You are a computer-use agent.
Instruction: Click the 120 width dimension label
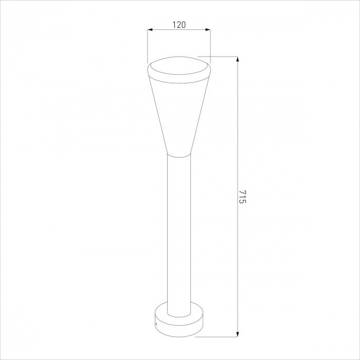(178, 24)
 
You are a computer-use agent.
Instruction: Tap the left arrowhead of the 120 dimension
(150, 30)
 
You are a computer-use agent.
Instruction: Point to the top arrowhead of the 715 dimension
(238, 59)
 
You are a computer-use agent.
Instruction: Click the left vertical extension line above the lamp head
(148, 46)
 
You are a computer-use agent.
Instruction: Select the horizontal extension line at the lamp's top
(219, 56)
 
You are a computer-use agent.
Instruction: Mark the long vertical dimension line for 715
(238, 129)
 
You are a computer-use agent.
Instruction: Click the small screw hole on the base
(157, 323)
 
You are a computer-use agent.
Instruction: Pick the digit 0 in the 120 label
(183, 24)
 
